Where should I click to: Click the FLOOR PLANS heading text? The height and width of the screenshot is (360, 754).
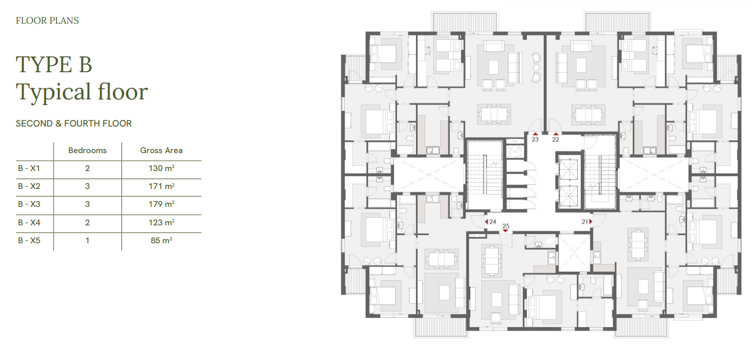[47, 21]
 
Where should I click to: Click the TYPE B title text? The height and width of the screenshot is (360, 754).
[54, 64]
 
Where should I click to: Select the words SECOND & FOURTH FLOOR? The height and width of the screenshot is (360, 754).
[74, 124]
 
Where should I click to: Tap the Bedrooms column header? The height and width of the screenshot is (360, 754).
[87, 151]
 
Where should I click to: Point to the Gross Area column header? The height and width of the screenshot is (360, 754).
[162, 151]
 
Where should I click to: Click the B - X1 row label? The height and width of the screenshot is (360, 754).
[29, 168]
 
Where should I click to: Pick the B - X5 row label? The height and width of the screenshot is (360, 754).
[29, 240]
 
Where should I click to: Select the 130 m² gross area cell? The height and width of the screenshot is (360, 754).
[162, 168]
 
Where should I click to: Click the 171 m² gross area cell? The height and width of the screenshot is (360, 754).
[162, 186]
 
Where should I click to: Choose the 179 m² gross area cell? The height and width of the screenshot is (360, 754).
[162, 204]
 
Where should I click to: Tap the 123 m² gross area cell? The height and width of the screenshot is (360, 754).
[162, 222]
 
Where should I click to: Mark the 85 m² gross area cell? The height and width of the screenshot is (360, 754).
[162, 240]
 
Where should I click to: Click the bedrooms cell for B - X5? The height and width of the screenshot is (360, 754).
[87, 240]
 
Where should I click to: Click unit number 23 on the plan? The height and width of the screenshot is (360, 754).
[535, 139]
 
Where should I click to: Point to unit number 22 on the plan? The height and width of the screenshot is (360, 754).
[555, 139]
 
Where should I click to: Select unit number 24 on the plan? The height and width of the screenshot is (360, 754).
[493, 221]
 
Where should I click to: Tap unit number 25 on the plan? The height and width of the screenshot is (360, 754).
[506, 226]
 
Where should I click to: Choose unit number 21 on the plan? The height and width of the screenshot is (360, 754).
[585, 221]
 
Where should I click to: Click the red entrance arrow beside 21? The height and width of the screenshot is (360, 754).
[590, 221]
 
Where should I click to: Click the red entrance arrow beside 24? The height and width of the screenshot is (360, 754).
[486, 221]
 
